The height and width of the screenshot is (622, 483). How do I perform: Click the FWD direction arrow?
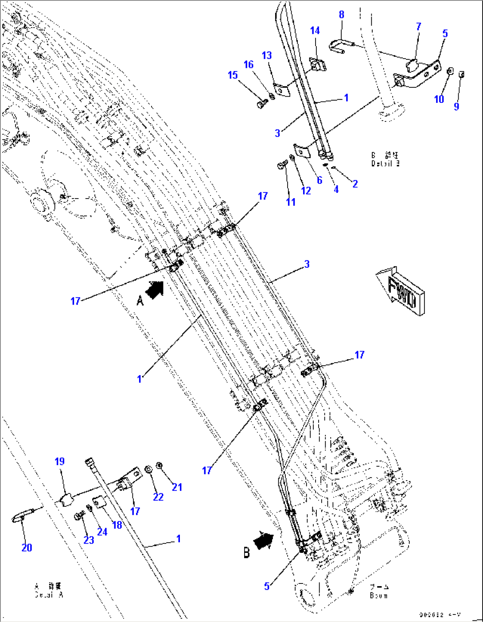tap(400, 291)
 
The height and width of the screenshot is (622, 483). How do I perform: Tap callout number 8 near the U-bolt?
tap(342, 15)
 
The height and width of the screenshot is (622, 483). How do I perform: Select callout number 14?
tap(315, 31)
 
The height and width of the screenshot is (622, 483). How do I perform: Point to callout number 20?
tap(27, 548)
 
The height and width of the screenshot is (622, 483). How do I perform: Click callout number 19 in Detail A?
tap(60, 462)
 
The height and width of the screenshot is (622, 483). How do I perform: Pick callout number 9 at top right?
tap(456, 106)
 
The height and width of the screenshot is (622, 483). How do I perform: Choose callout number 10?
tap(439, 99)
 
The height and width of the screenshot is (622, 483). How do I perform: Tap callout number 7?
tap(418, 27)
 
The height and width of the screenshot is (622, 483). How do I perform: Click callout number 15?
tap(233, 75)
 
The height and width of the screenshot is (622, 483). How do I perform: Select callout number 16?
tap(249, 65)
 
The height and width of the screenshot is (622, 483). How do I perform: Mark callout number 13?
tap(267, 55)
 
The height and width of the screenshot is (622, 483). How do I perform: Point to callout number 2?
tap(355, 184)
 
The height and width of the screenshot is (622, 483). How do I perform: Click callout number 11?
tap(291, 202)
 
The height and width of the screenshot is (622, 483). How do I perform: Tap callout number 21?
tap(177, 487)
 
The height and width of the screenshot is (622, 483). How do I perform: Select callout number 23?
tap(89, 540)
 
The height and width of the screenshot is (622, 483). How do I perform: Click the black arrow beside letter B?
tap(263, 541)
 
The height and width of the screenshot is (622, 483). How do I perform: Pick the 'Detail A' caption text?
tap(49, 591)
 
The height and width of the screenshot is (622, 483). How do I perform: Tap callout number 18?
tap(117, 525)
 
